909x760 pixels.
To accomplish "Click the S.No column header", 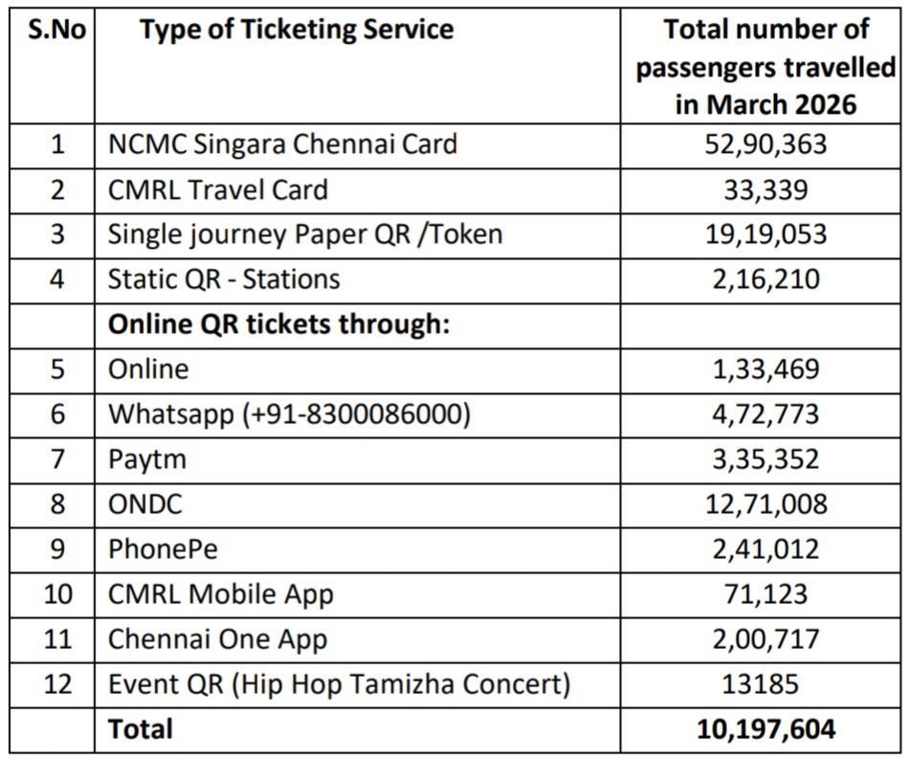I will pos(57,30).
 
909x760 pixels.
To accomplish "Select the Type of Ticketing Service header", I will pos(296,30).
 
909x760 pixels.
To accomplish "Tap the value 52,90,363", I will pos(762,145).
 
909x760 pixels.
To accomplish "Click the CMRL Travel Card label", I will pos(217,190).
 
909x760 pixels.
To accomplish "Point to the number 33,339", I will pos(762,190).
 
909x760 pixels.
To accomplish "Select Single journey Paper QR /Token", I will pos(304,234).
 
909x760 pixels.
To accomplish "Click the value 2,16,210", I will pos(762,279).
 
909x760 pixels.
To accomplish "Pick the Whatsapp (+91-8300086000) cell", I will pos(289,414).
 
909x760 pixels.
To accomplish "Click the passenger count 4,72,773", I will pos(762,414).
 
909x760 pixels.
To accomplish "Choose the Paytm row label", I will pos(146,459).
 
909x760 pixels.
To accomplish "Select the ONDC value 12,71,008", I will pos(762,504).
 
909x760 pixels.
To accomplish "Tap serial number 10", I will pos(58,594).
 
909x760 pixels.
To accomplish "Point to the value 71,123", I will pos(762,594).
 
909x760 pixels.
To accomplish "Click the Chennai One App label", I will pos(217,639).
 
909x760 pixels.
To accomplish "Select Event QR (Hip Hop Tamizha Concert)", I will pos(339,684).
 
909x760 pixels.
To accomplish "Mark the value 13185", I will pos(762,684).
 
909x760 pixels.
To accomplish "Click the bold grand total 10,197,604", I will pos(762,729).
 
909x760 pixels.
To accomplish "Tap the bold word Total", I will pos(141,729).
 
